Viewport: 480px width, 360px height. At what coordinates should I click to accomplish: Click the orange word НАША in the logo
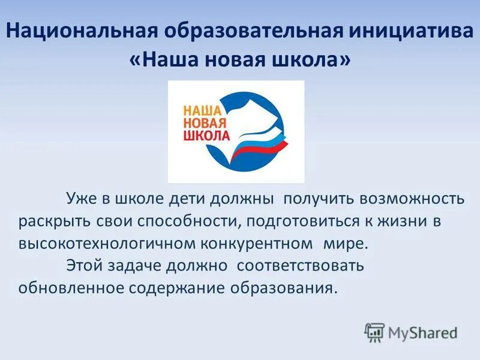(202, 109)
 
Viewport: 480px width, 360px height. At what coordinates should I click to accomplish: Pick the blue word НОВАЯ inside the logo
(204, 122)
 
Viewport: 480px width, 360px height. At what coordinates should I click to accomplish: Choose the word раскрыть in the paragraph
(54, 221)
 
